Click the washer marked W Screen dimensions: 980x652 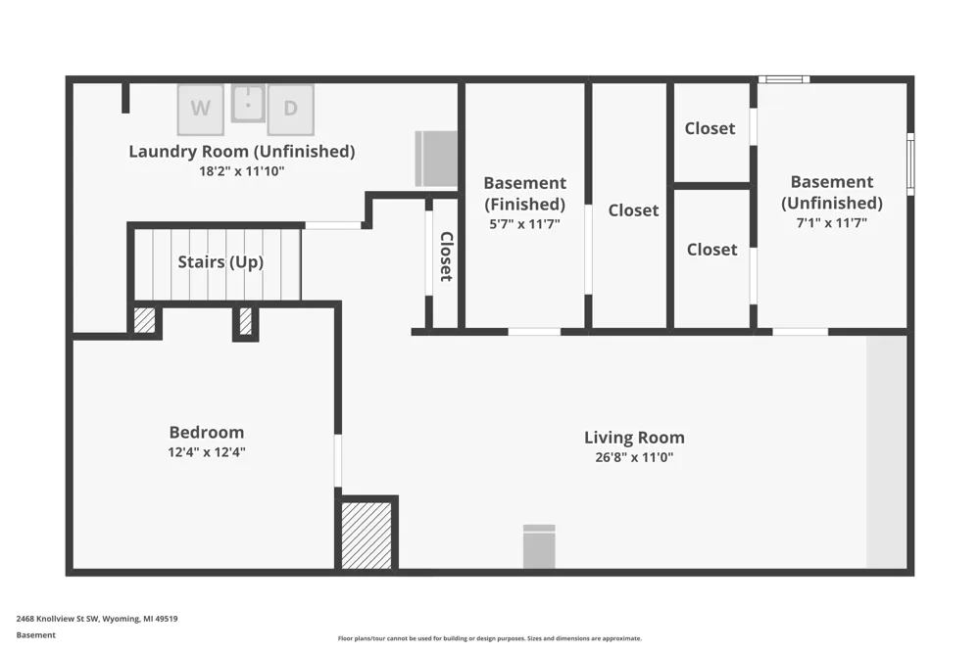200,110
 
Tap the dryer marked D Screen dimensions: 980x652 291,110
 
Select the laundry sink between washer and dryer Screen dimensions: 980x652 248,104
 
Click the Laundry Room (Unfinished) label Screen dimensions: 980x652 242,151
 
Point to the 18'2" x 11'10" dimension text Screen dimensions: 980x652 242,171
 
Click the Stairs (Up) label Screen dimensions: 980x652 220,261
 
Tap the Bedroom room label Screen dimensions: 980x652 207,432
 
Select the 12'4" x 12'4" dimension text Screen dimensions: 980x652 207,452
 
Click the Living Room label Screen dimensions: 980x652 634,438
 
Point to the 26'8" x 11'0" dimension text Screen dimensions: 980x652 634,457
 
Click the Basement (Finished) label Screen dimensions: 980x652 525,194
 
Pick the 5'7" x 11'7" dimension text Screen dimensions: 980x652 525,223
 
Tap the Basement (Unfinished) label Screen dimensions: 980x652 832,192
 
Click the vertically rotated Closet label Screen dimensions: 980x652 446,256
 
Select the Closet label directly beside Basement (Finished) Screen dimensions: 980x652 634,210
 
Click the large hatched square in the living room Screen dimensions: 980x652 367,536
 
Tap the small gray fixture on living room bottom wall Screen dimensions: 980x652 539,546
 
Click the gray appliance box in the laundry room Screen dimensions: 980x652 436,159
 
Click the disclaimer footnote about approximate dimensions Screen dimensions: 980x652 490,638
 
